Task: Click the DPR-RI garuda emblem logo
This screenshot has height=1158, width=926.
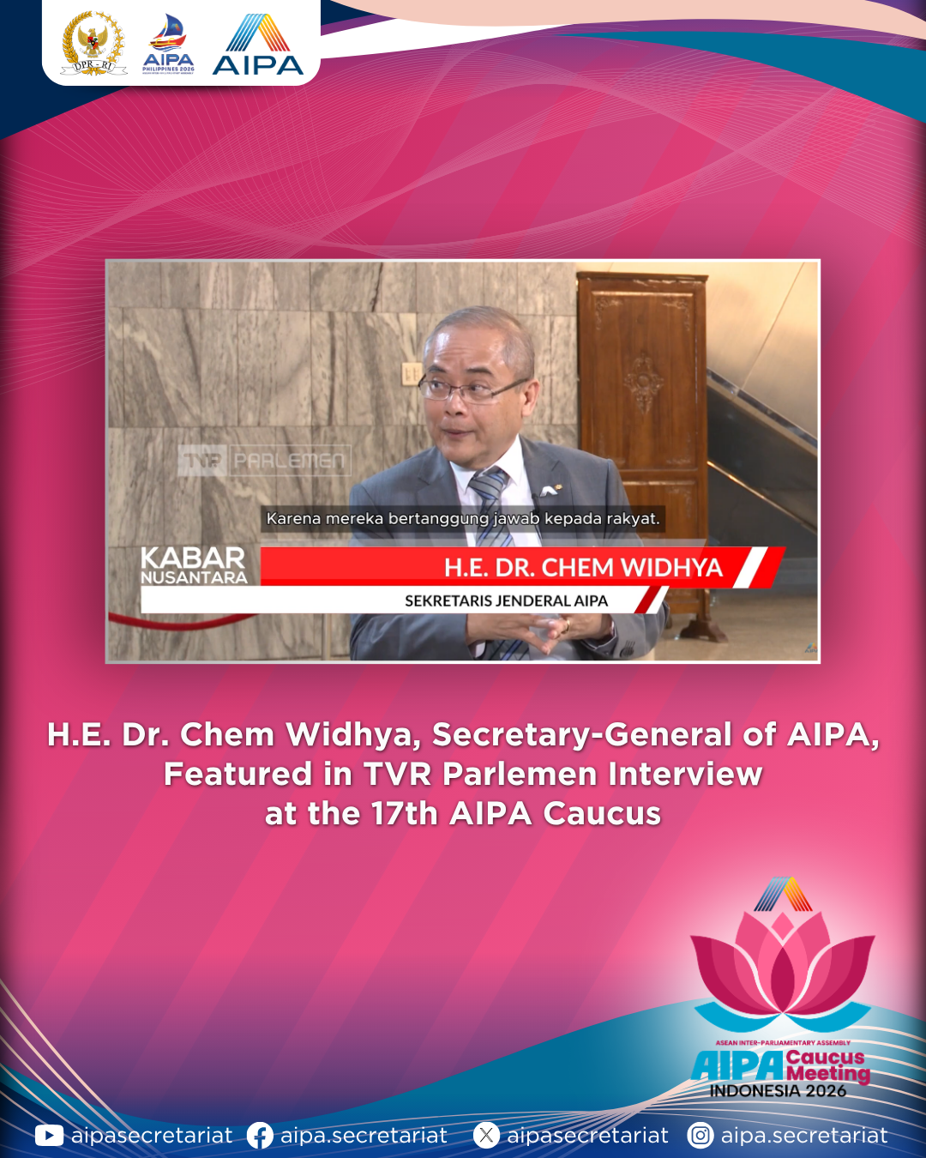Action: (x=93, y=43)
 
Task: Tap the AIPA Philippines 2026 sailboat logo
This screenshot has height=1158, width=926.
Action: (x=168, y=44)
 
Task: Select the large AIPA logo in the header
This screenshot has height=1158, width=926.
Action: (x=258, y=44)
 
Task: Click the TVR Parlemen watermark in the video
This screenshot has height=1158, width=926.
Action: (x=265, y=460)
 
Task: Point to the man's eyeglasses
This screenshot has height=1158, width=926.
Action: (x=472, y=389)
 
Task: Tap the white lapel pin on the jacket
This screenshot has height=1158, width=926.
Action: (x=548, y=490)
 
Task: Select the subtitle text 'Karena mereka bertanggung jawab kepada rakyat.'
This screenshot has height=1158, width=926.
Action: (x=463, y=519)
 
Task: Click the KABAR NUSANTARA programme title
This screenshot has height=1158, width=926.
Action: (x=194, y=565)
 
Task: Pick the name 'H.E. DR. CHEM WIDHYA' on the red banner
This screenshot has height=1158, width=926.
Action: (x=583, y=568)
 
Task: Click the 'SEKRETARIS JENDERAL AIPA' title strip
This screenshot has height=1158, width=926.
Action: (x=507, y=600)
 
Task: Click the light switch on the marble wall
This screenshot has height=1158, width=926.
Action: (x=412, y=373)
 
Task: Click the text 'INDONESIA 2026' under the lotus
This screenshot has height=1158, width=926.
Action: (x=778, y=1090)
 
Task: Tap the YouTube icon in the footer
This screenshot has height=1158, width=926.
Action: (x=49, y=1136)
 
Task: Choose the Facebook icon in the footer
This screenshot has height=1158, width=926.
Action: (x=260, y=1136)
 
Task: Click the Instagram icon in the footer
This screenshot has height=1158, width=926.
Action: (x=701, y=1136)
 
